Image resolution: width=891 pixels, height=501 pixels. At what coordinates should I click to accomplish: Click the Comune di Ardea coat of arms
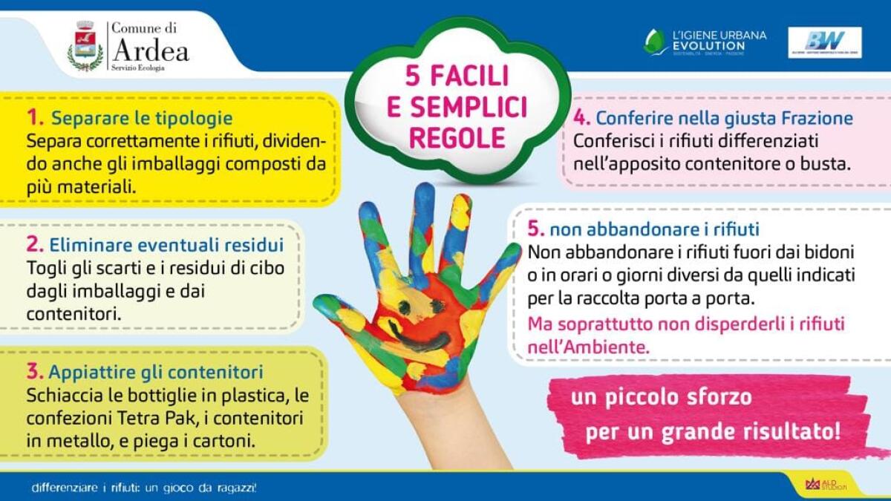pyautogui.click(x=86, y=45)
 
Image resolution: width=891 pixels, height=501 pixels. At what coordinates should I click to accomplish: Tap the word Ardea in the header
pyautogui.click(x=151, y=51)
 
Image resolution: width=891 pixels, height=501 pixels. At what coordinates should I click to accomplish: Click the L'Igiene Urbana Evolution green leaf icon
pyautogui.click(x=655, y=42)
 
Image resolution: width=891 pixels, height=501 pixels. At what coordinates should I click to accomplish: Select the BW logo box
pyautogui.click(x=824, y=42)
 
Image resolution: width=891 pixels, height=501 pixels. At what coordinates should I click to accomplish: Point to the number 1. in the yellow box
pyautogui.click(x=36, y=117)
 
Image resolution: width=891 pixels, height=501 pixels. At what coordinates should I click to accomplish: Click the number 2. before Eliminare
pyautogui.click(x=34, y=244)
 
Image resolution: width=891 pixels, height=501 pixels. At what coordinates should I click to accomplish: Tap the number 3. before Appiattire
pyautogui.click(x=34, y=370)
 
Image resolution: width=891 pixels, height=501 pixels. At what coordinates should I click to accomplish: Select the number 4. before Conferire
pyautogui.click(x=582, y=117)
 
